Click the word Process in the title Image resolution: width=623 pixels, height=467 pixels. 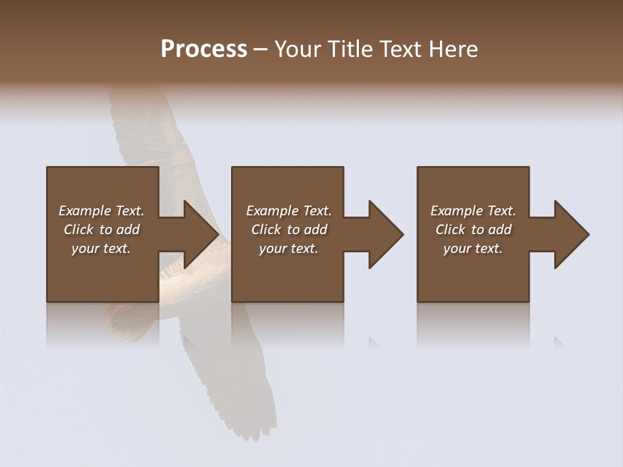[x=204, y=49]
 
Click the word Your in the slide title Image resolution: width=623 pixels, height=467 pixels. [x=299, y=49]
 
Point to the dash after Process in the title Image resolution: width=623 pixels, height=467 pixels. [x=260, y=50]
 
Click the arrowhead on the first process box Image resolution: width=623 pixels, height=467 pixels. [x=198, y=234]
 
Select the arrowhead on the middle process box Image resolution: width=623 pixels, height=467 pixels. [x=384, y=234]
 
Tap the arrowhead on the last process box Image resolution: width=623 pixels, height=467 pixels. [x=569, y=234]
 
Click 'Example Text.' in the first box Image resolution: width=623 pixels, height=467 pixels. [x=101, y=211]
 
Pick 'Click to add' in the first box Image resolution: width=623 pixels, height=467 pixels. [x=101, y=230]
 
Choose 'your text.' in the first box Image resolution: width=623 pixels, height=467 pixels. [x=101, y=248]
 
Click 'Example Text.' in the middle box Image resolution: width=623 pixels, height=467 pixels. [x=289, y=211]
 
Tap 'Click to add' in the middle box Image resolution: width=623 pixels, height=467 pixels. [x=289, y=230]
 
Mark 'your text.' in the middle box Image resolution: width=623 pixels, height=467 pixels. [x=289, y=248]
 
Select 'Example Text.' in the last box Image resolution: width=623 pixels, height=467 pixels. [x=473, y=211]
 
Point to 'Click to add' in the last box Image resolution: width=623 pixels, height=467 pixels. [x=473, y=230]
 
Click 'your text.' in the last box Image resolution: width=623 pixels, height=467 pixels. [x=473, y=248]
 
